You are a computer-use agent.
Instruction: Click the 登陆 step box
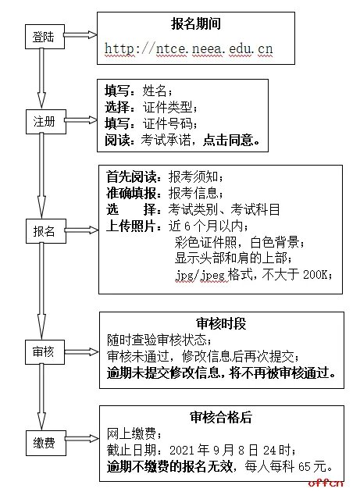44,37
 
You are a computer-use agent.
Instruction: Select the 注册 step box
44,123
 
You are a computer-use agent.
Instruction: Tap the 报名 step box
44,232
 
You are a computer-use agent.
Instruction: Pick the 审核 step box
44,352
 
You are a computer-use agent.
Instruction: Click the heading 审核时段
222,323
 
